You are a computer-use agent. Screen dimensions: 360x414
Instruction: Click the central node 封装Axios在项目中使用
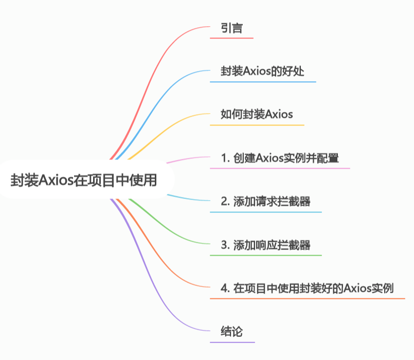click(84, 181)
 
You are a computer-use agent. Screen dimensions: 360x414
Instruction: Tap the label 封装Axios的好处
click(262, 71)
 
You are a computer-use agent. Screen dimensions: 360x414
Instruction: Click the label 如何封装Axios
click(257, 114)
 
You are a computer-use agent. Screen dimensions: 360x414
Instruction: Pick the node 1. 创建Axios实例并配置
click(280, 158)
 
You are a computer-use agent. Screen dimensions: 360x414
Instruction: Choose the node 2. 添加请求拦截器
click(265, 201)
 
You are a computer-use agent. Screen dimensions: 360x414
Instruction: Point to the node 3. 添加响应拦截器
click(265, 245)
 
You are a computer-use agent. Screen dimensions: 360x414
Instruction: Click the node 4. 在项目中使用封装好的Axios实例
click(307, 288)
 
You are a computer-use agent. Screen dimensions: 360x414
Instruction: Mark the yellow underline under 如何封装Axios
click(257, 125)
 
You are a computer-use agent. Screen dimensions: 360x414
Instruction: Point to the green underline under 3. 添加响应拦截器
click(265, 255)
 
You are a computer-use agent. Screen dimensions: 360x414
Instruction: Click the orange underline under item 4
click(308, 298)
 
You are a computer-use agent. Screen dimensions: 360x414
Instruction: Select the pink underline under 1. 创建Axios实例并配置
click(280, 168)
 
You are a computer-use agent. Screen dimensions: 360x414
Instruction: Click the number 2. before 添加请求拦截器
click(225, 201)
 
